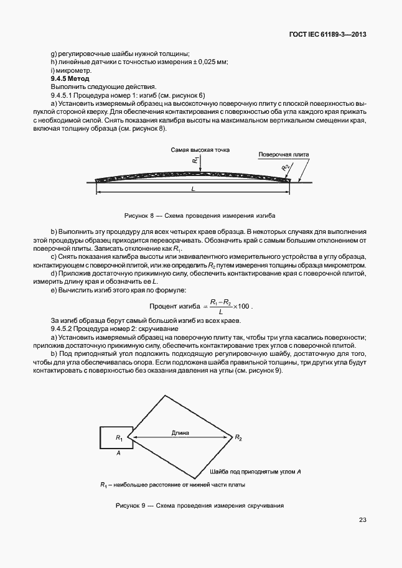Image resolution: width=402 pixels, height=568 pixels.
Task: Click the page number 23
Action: pyautogui.click(x=362, y=519)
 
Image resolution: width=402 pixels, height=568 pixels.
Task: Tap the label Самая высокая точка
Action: pyautogui.click(x=195, y=151)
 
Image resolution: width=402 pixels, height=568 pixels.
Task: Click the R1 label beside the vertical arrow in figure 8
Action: pyautogui.click(x=195, y=161)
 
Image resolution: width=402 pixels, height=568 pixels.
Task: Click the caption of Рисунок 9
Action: pyautogui.click(x=200, y=505)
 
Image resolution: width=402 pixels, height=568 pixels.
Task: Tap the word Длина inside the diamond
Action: pyautogui.click(x=181, y=431)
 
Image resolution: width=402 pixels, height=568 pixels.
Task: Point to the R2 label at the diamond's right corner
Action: pyautogui.click(x=238, y=438)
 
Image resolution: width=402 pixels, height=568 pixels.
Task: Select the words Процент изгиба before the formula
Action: pyautogui.click(x=172, y=306)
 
